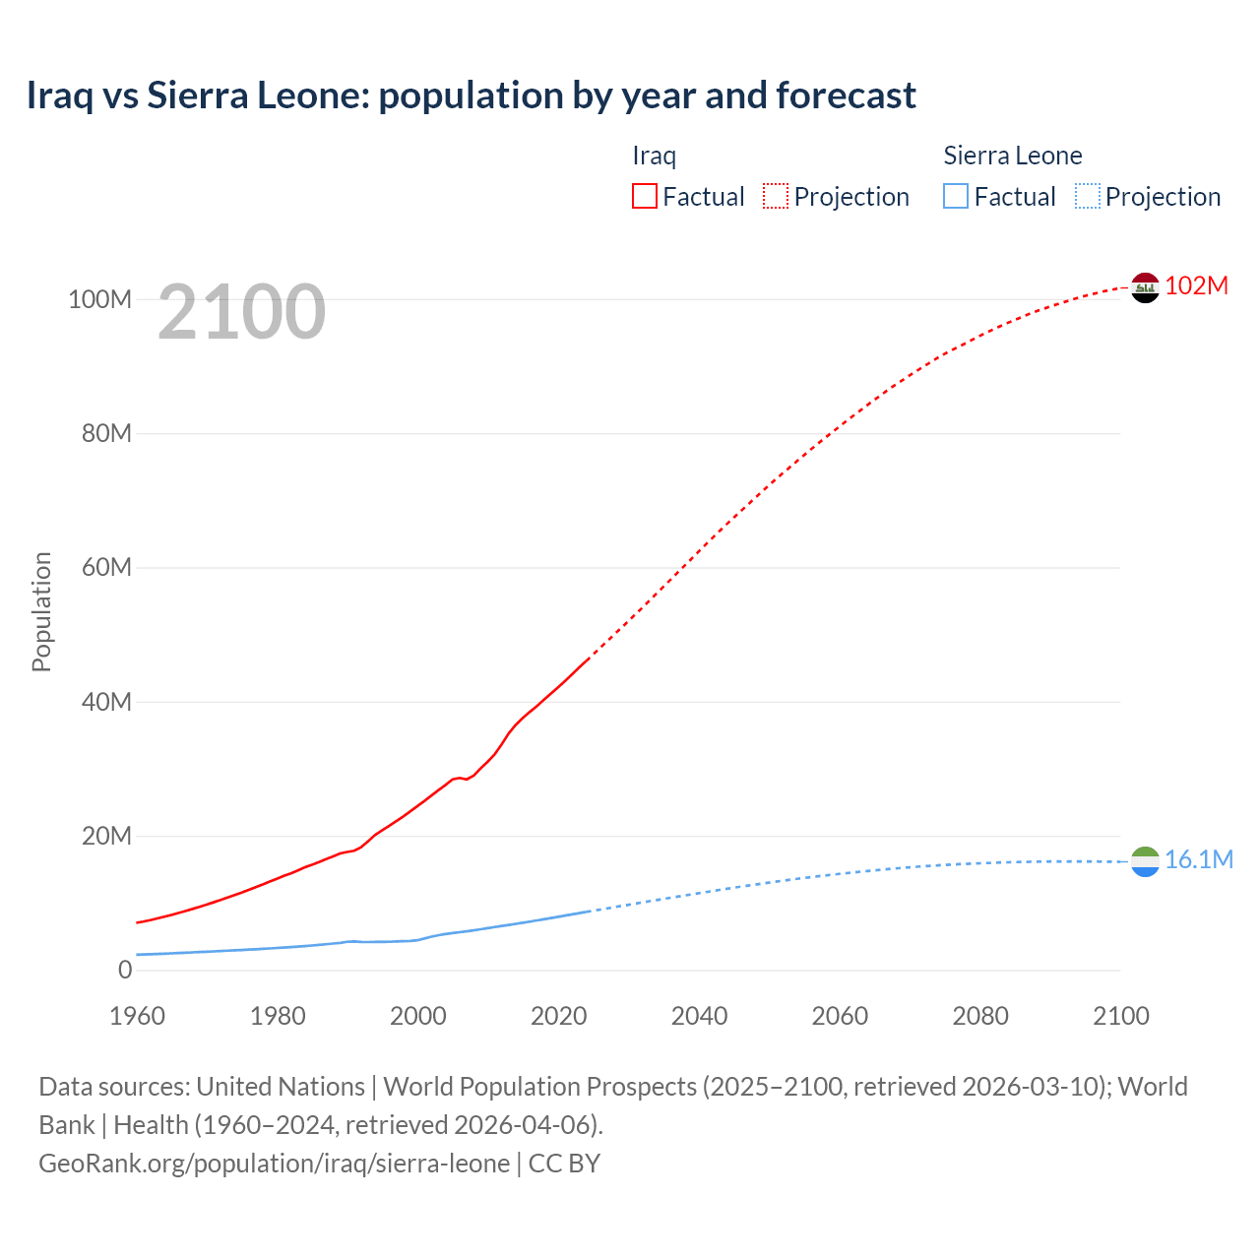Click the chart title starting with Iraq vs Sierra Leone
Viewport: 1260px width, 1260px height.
(471, 95)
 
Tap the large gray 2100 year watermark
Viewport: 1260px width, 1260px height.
(241, 312)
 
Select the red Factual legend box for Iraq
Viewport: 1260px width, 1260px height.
(644, 196)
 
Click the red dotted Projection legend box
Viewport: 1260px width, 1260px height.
(776, 196)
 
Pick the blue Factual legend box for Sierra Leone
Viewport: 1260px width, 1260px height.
(955, 196)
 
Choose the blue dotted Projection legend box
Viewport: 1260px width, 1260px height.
(1087, 196)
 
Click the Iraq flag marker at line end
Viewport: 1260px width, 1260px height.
(1145, 287)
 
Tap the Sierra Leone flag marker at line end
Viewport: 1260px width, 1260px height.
(1145, 861)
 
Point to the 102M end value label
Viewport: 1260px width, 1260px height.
(1196, 285)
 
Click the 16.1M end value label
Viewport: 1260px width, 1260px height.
(1198, 859)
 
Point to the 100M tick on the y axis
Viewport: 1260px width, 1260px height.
(99, 299)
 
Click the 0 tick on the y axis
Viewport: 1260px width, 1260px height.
(124, 970)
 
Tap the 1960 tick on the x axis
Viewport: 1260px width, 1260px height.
(137, 1016)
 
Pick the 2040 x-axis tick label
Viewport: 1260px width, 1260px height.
(699, 1016)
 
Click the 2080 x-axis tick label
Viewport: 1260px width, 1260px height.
(980, 1016)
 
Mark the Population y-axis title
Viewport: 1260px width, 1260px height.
(41, 611)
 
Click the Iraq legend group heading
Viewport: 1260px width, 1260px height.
(654, 156)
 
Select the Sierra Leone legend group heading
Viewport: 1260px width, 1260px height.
(1012, 156)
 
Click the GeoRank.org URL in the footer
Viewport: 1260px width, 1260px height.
(274, 1163)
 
